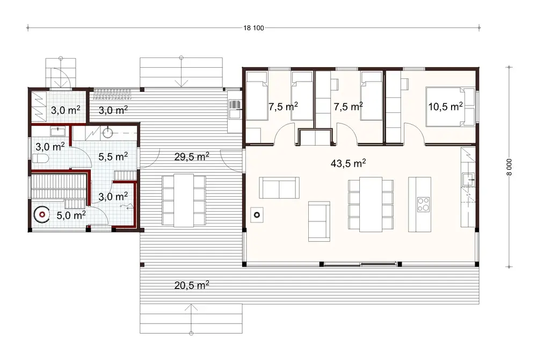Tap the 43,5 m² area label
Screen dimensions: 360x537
coord(349,162)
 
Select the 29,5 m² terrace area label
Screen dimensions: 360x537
coord(192,156)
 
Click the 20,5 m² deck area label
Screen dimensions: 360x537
coord(191,285)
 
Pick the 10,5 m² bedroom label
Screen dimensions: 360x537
coord(446,106)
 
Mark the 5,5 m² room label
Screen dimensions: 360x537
coord(113,156)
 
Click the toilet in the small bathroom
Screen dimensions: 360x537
coord(40,159)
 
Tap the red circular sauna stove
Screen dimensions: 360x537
coord(41,214)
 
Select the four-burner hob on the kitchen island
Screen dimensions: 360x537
coord(423,204)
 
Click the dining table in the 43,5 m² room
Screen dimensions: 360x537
coord(370,205)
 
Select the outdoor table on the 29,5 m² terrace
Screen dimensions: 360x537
coord(184,200)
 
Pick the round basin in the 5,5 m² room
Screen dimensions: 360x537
coord(108,132)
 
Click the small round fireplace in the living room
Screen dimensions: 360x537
coord(257,215)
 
